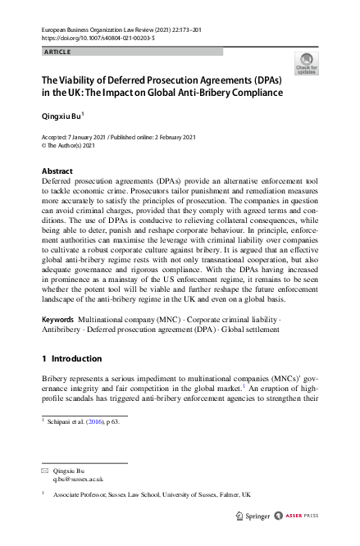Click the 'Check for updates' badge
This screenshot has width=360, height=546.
coord(306,64)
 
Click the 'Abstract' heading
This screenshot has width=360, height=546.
coord(57,171)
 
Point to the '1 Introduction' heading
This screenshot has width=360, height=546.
coord(72,358)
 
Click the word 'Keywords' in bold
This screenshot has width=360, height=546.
coord(59,317)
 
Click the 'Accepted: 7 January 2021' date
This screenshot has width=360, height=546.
coord(76,136)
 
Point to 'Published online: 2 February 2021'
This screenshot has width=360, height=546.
coord(155,136)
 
